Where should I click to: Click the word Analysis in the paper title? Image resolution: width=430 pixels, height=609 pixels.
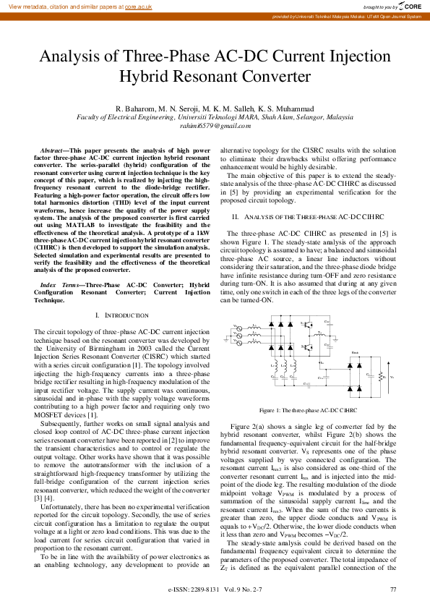72,57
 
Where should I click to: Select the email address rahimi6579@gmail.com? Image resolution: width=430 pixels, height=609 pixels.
215,125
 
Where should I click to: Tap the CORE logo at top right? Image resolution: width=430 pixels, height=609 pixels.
411,7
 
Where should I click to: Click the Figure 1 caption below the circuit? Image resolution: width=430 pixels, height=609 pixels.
307,409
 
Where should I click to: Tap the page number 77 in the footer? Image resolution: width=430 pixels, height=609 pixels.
392,589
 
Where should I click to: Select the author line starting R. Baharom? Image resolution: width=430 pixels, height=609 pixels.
215,108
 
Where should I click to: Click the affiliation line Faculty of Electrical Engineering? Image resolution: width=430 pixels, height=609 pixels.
215,116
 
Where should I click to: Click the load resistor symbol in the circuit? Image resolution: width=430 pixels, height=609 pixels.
381,376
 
